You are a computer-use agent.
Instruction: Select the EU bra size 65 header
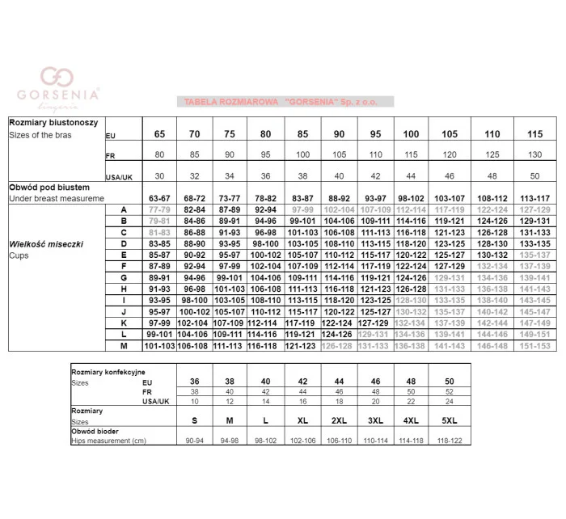pos(159,133)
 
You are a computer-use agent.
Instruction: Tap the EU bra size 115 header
pos(534,133)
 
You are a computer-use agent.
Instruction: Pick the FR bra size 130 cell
pos(534,154)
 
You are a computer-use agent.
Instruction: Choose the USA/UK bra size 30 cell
pos(159,176)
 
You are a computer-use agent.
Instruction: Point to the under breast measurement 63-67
pos(159,196)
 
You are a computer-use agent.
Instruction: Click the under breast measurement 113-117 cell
pos(534,196)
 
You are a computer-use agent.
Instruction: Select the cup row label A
pos(125,209)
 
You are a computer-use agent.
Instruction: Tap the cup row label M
pos(125,345)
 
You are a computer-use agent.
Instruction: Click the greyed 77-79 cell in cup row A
pos(159,209)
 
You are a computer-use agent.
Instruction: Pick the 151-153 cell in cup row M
pos(534,345)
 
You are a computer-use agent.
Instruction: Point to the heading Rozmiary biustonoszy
pos(53,122)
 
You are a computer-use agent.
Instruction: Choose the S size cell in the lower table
pos(194,421)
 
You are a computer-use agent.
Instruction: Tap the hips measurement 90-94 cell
pos(194,441)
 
